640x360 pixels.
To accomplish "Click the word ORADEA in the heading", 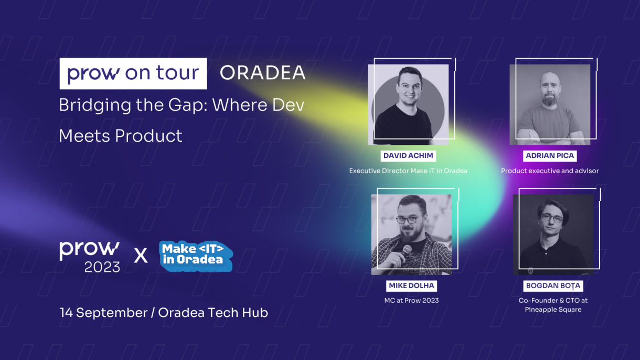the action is tap(263, 72).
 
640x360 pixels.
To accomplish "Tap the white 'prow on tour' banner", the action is tap(133, 73).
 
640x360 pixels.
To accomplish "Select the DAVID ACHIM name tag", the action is tap(408, 156).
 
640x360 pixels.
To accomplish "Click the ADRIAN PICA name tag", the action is tap(550, 156).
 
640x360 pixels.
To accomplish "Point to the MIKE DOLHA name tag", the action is tap(411, 285).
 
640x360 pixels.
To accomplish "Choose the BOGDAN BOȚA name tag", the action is tap(553, 285).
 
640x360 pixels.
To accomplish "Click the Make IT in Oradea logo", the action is tap(196, 256).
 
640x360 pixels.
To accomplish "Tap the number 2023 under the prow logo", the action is tap(102, 267).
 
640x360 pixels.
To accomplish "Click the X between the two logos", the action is tap(141, 256).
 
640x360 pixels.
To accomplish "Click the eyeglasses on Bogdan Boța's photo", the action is tap(552, 218).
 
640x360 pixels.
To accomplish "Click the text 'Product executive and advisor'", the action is tap(550, 171).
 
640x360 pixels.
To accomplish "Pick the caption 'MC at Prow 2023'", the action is tap(411, 301).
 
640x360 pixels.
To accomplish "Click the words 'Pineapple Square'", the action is tap(553, 310).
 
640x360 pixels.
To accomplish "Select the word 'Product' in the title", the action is tap(148, 136).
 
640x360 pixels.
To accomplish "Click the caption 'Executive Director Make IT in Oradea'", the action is tap(408, 171).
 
